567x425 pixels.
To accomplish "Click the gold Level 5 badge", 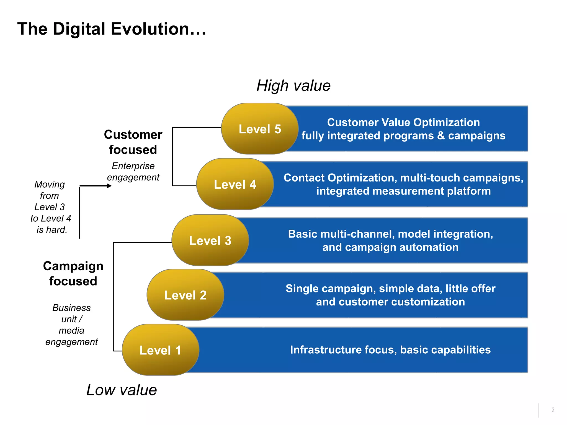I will click(260, 129).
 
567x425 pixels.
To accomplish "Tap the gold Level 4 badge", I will click(235, 184).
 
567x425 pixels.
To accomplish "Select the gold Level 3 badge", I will click(210, 240).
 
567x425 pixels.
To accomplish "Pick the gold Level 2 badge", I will click(185, 295).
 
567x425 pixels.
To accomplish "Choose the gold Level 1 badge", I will click(160, 350).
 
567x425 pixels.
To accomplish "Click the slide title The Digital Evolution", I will click(112, 29).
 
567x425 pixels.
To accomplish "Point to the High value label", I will click(293, 85).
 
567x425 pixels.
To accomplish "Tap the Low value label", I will click(122, 390).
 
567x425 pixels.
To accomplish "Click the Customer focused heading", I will click(133, 142).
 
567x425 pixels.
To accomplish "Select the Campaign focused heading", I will click(73, 273).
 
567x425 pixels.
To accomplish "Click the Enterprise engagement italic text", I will click(133, 172).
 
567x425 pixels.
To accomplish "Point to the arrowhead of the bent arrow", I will click(109, 186).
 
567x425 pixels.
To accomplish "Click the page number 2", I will click(553, 410).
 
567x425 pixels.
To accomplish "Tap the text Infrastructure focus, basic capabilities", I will click(390, 350).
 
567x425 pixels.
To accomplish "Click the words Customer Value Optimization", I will click(403, 122).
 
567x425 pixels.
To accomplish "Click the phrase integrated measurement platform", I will click(403, 191).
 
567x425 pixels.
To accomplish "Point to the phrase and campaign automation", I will click(390, 247).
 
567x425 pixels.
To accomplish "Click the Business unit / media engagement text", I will click(71, 325).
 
